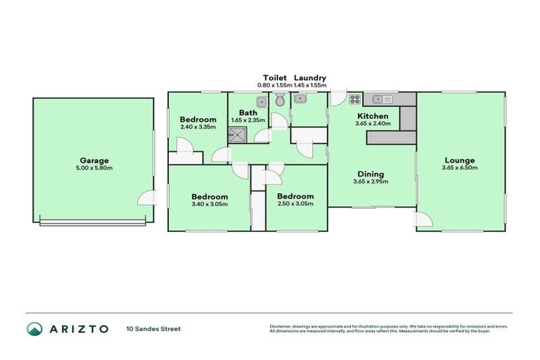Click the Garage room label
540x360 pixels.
[x=93, y=160]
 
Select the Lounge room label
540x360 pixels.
[x=460, y=160]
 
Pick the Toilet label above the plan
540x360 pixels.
[x=274, y=78]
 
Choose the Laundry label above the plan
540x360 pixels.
[x=309, y=78]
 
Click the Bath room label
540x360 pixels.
[x=247, y=112]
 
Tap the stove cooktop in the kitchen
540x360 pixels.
[x=355, y=99]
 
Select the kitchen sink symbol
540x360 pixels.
[x=382, y=99]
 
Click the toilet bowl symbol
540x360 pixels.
[x=280, y=101]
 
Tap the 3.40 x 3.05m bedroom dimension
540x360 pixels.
[x=210, y=204]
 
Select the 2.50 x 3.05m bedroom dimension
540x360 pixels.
[x=294, y=204]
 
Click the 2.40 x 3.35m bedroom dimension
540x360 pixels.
[x=198, y=127]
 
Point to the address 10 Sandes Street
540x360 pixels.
[x=153, y=328]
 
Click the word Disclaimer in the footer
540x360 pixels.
[x=283, y=326]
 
